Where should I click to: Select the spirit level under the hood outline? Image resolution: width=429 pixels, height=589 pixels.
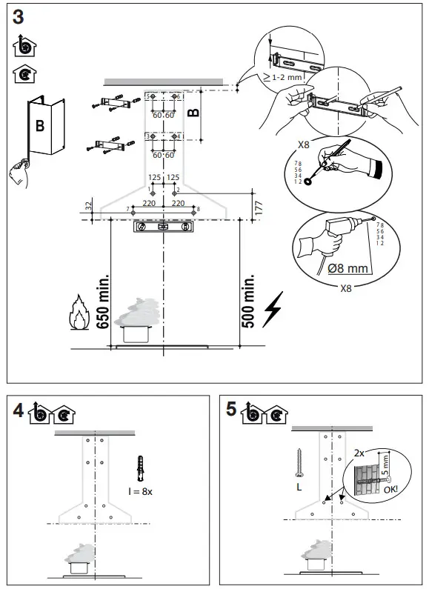162,227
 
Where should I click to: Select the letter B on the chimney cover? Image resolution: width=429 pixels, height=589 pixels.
40,126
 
